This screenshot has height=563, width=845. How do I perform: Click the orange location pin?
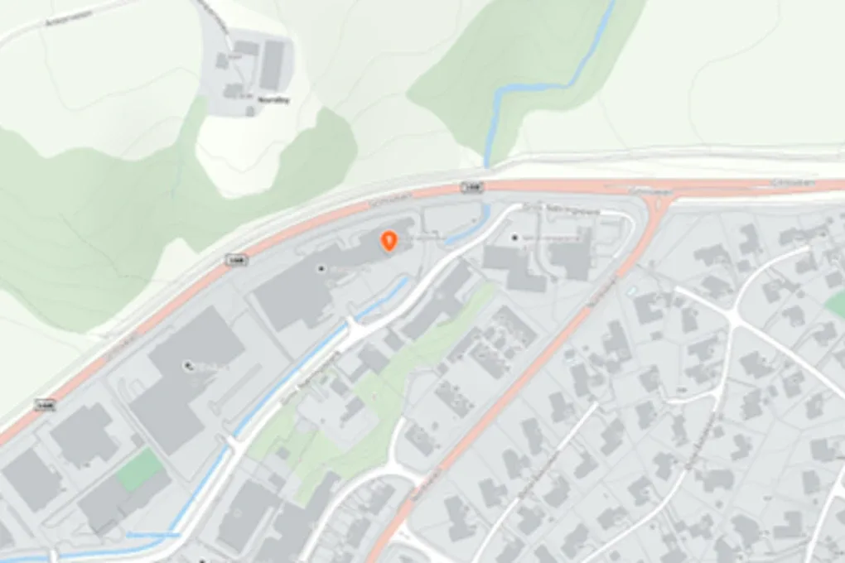click(x=388, y=240)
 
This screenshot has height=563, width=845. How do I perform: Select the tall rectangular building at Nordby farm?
click(x=273, y=65)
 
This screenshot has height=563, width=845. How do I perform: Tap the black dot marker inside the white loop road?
click(x=515, y=238)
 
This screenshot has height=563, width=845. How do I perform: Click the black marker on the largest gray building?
click(x=187, y=363)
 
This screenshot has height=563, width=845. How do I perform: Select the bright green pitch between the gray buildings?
click(x=138, y=469)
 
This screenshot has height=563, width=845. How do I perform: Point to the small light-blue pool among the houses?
click(x=633, y=291)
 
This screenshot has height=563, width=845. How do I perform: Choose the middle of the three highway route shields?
click(x=234, y=260)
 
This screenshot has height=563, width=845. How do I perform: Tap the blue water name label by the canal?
click(x=152, y=535)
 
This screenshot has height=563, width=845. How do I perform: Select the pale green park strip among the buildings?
click(x=373, y=397)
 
